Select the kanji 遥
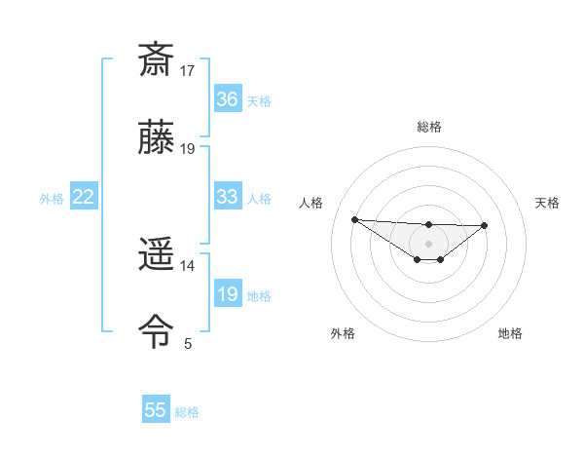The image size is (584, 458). [157, 255]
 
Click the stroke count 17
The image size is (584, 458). [188, 71]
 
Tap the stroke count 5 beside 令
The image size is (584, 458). [188, 344]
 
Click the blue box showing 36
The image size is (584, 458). [227, 99]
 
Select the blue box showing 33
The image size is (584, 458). [227, 197]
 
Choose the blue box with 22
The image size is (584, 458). [84, 197]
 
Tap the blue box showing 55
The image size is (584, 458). [156, 410]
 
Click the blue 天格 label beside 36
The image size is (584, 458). [259, 101]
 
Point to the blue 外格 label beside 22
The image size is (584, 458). [52, 199]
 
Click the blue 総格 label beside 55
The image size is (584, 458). [187, 412]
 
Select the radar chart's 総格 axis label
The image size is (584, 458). [428, 127]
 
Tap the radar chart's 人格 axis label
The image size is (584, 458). [310, 203]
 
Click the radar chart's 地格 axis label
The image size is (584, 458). [510, 333]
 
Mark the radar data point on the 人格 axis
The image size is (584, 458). [354, 219]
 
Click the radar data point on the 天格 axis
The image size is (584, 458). [485, 225]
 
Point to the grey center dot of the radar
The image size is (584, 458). [428, 244]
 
